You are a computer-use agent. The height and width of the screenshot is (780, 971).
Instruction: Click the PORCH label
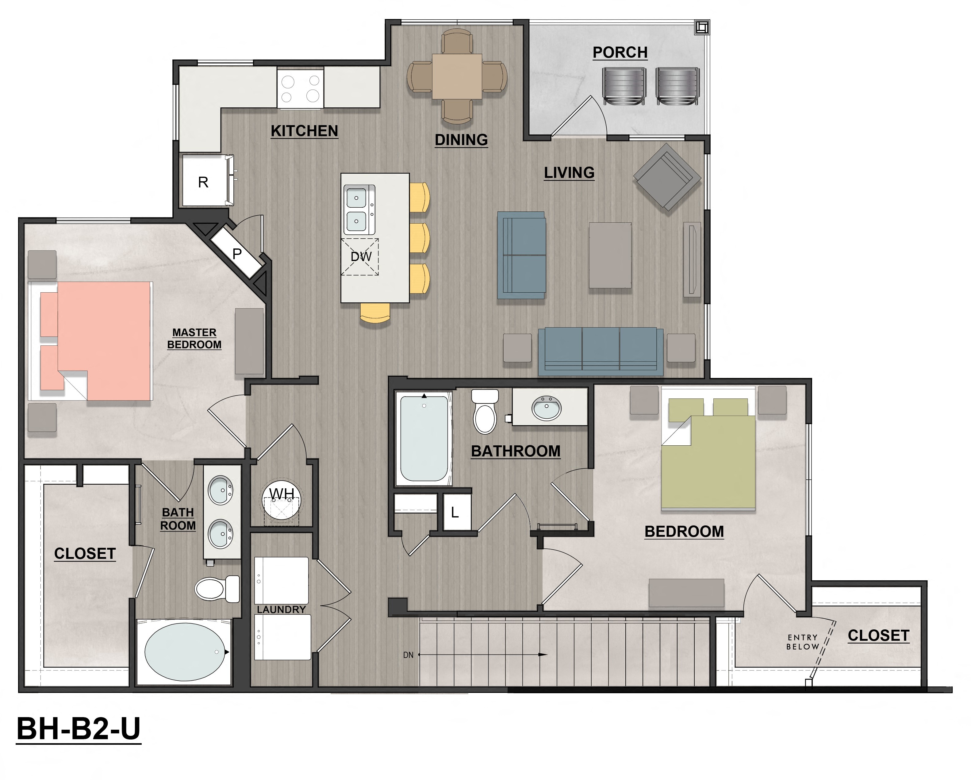(620, 53)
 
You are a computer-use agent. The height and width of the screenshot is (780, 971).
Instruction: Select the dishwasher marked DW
(360, 257)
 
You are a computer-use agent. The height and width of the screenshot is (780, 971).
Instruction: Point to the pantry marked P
(237, 254)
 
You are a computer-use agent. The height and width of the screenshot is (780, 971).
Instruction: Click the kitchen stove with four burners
(300, 88)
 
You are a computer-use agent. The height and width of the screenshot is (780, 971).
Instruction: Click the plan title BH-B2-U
(79, 729)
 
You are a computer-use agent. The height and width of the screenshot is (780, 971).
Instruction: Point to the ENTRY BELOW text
(803, 642)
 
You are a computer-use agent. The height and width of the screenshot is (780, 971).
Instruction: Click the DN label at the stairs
(408, 655)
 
